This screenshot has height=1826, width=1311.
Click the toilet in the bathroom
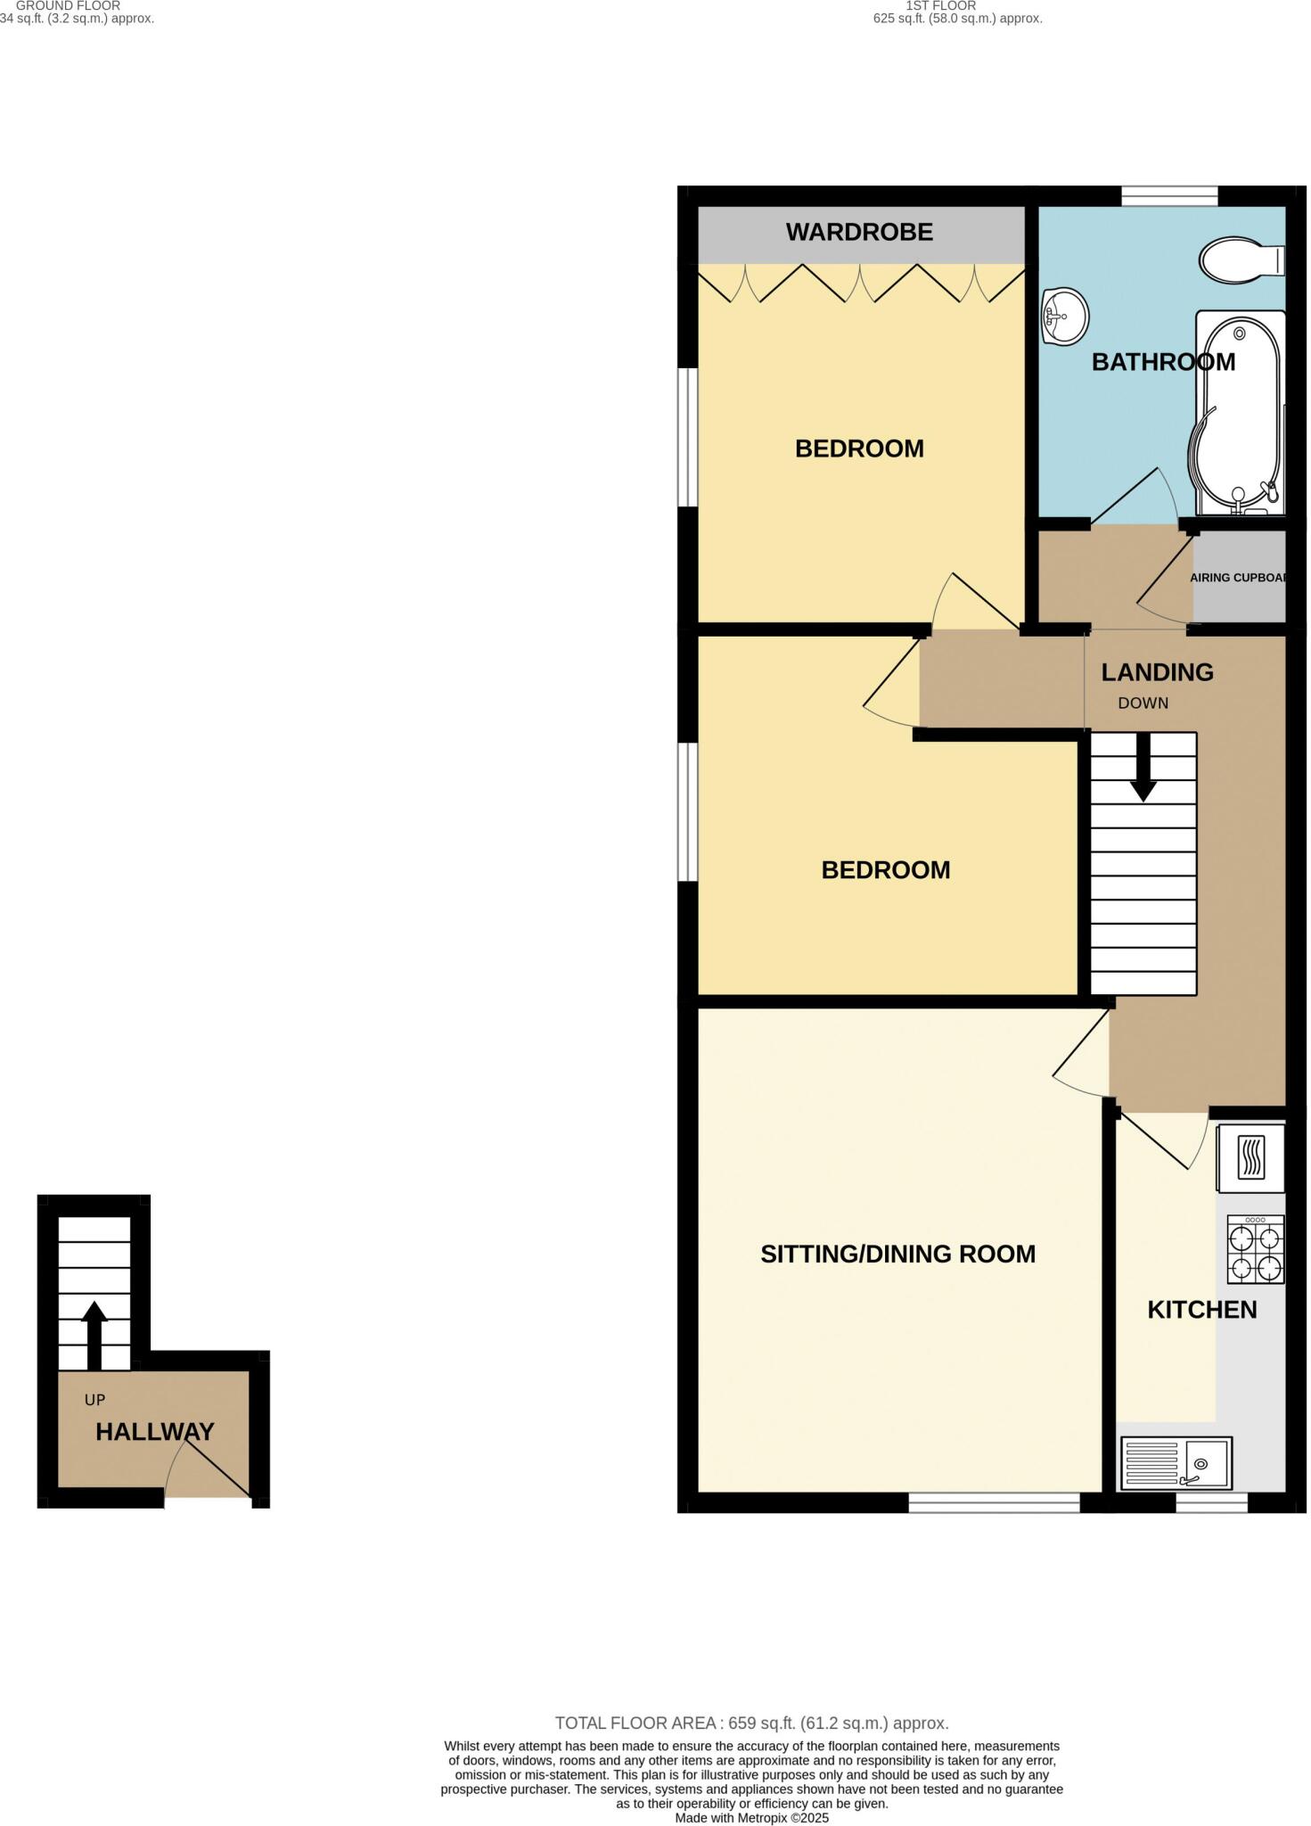[1241, 260]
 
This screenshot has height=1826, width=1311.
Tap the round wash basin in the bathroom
[1064, 316]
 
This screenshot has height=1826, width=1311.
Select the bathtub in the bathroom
[1238, 414]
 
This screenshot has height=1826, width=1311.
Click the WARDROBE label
[859, 233]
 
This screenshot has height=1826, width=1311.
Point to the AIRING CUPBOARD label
[1239, 578]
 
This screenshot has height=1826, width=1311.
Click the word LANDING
[1157, 672]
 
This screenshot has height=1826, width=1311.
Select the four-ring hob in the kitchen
[1255, 1250]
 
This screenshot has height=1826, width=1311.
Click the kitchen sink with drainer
[1176, 1463]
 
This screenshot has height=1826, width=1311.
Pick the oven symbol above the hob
[1250, 1157]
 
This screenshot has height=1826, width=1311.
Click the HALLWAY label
[154, 1432]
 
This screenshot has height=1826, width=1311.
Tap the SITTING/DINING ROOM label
[897, 1254]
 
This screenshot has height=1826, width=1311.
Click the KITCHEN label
[1201, 1310]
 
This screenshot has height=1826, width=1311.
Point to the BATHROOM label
[1163, 362]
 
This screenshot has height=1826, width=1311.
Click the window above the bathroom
[1168, 195]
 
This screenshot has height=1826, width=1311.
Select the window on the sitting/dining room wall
[994, 1503]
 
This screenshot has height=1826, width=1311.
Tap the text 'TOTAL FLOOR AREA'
[636, 1723]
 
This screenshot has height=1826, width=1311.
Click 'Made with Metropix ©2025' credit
[751, 1818]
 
